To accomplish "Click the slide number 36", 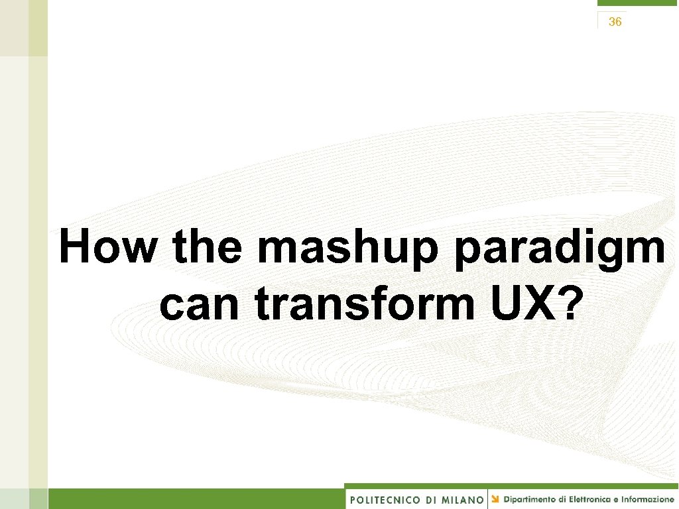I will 615,22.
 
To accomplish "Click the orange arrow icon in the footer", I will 496,498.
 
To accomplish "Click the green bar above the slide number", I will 637,3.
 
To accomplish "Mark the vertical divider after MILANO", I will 488,499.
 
